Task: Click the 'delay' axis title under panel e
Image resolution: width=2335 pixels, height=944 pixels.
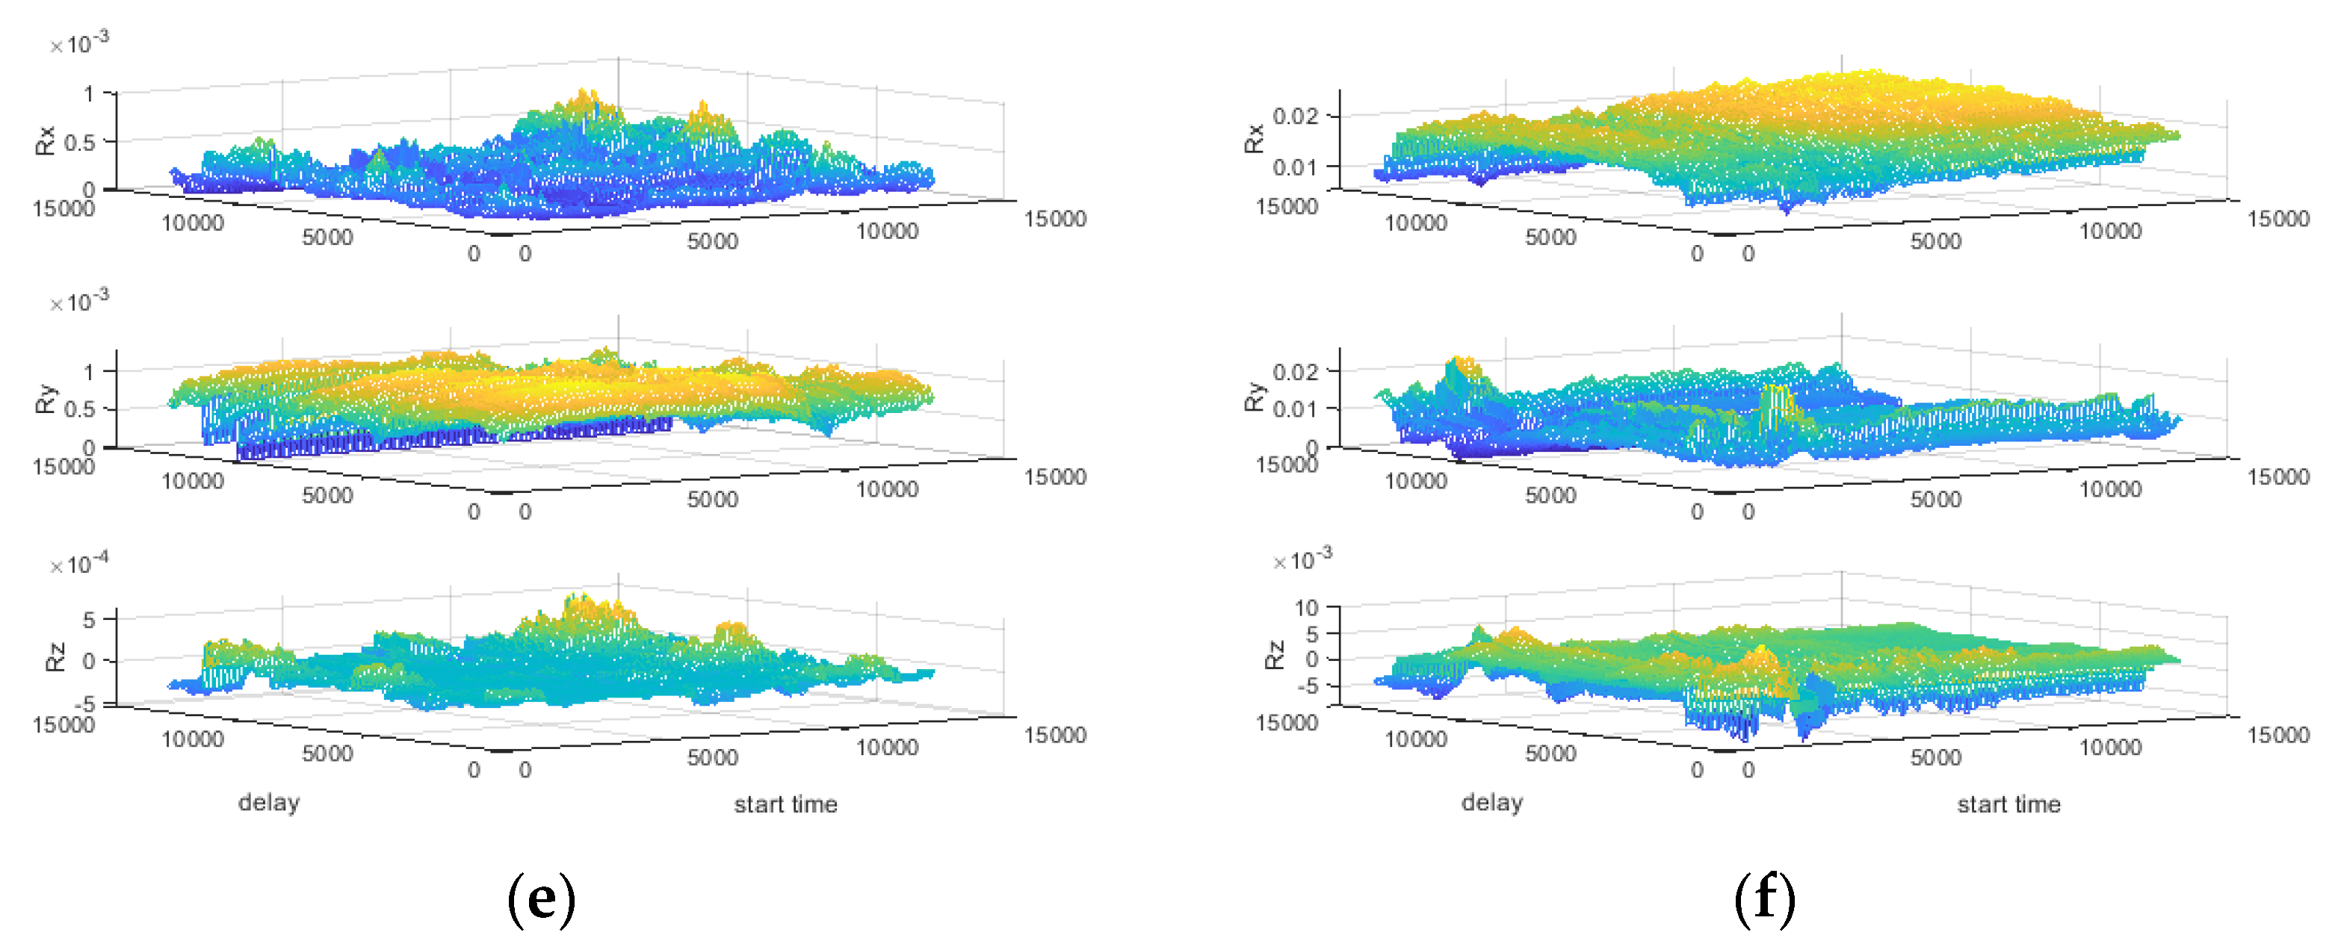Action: (268, 803)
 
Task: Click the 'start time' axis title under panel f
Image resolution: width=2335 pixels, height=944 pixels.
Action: (2008, 804)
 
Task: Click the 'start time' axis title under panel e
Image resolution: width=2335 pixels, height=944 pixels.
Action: (785, 804)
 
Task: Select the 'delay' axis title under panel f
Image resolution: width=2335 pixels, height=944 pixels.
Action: (1491, 803)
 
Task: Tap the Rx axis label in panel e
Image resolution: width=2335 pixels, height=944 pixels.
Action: (46, 140)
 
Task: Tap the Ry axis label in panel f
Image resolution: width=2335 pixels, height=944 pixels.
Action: (1254, 397)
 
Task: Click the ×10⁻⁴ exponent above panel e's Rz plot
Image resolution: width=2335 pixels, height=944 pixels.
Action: (80, 564)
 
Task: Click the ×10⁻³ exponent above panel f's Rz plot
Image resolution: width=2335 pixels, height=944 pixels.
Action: (1302, 560)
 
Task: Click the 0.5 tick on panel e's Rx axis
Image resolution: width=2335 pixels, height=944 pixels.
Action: (79, 142)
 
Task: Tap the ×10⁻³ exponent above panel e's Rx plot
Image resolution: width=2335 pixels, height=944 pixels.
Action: (80, 43)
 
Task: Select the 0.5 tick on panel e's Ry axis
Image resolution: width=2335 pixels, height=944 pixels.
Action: (79, 409)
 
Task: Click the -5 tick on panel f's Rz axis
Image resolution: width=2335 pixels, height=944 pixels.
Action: (1306, 686)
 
